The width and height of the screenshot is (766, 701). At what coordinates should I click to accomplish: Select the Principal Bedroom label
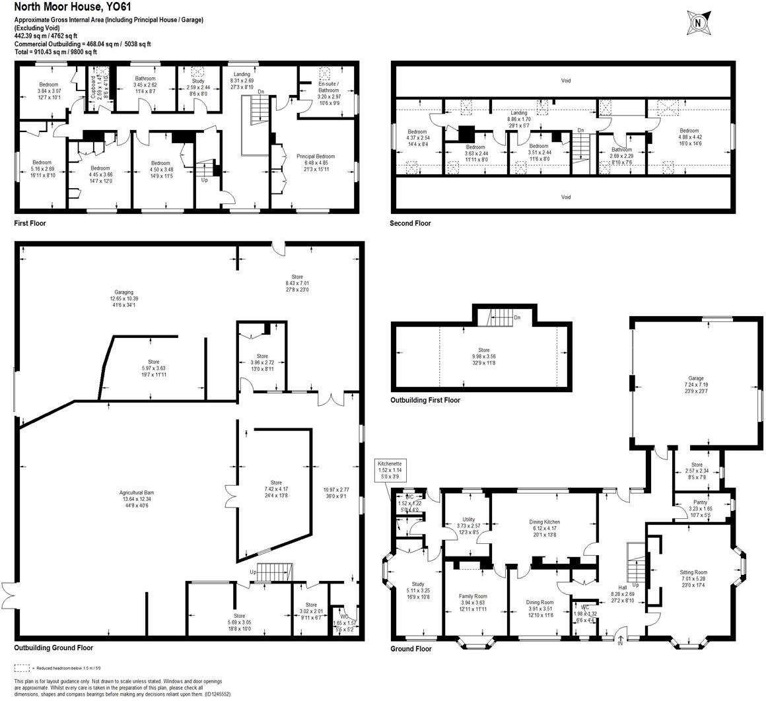[x=316, y=156]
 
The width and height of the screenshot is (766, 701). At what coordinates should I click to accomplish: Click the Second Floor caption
[x=410, y=223]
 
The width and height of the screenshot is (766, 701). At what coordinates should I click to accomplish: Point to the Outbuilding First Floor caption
[x=425, y=400]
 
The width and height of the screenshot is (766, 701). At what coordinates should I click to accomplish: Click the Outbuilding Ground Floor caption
[x=53, y=648]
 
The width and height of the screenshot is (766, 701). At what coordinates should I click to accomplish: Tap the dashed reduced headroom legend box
[x=23, y=667]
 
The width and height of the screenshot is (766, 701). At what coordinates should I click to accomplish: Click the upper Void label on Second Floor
[x=565, y=81]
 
